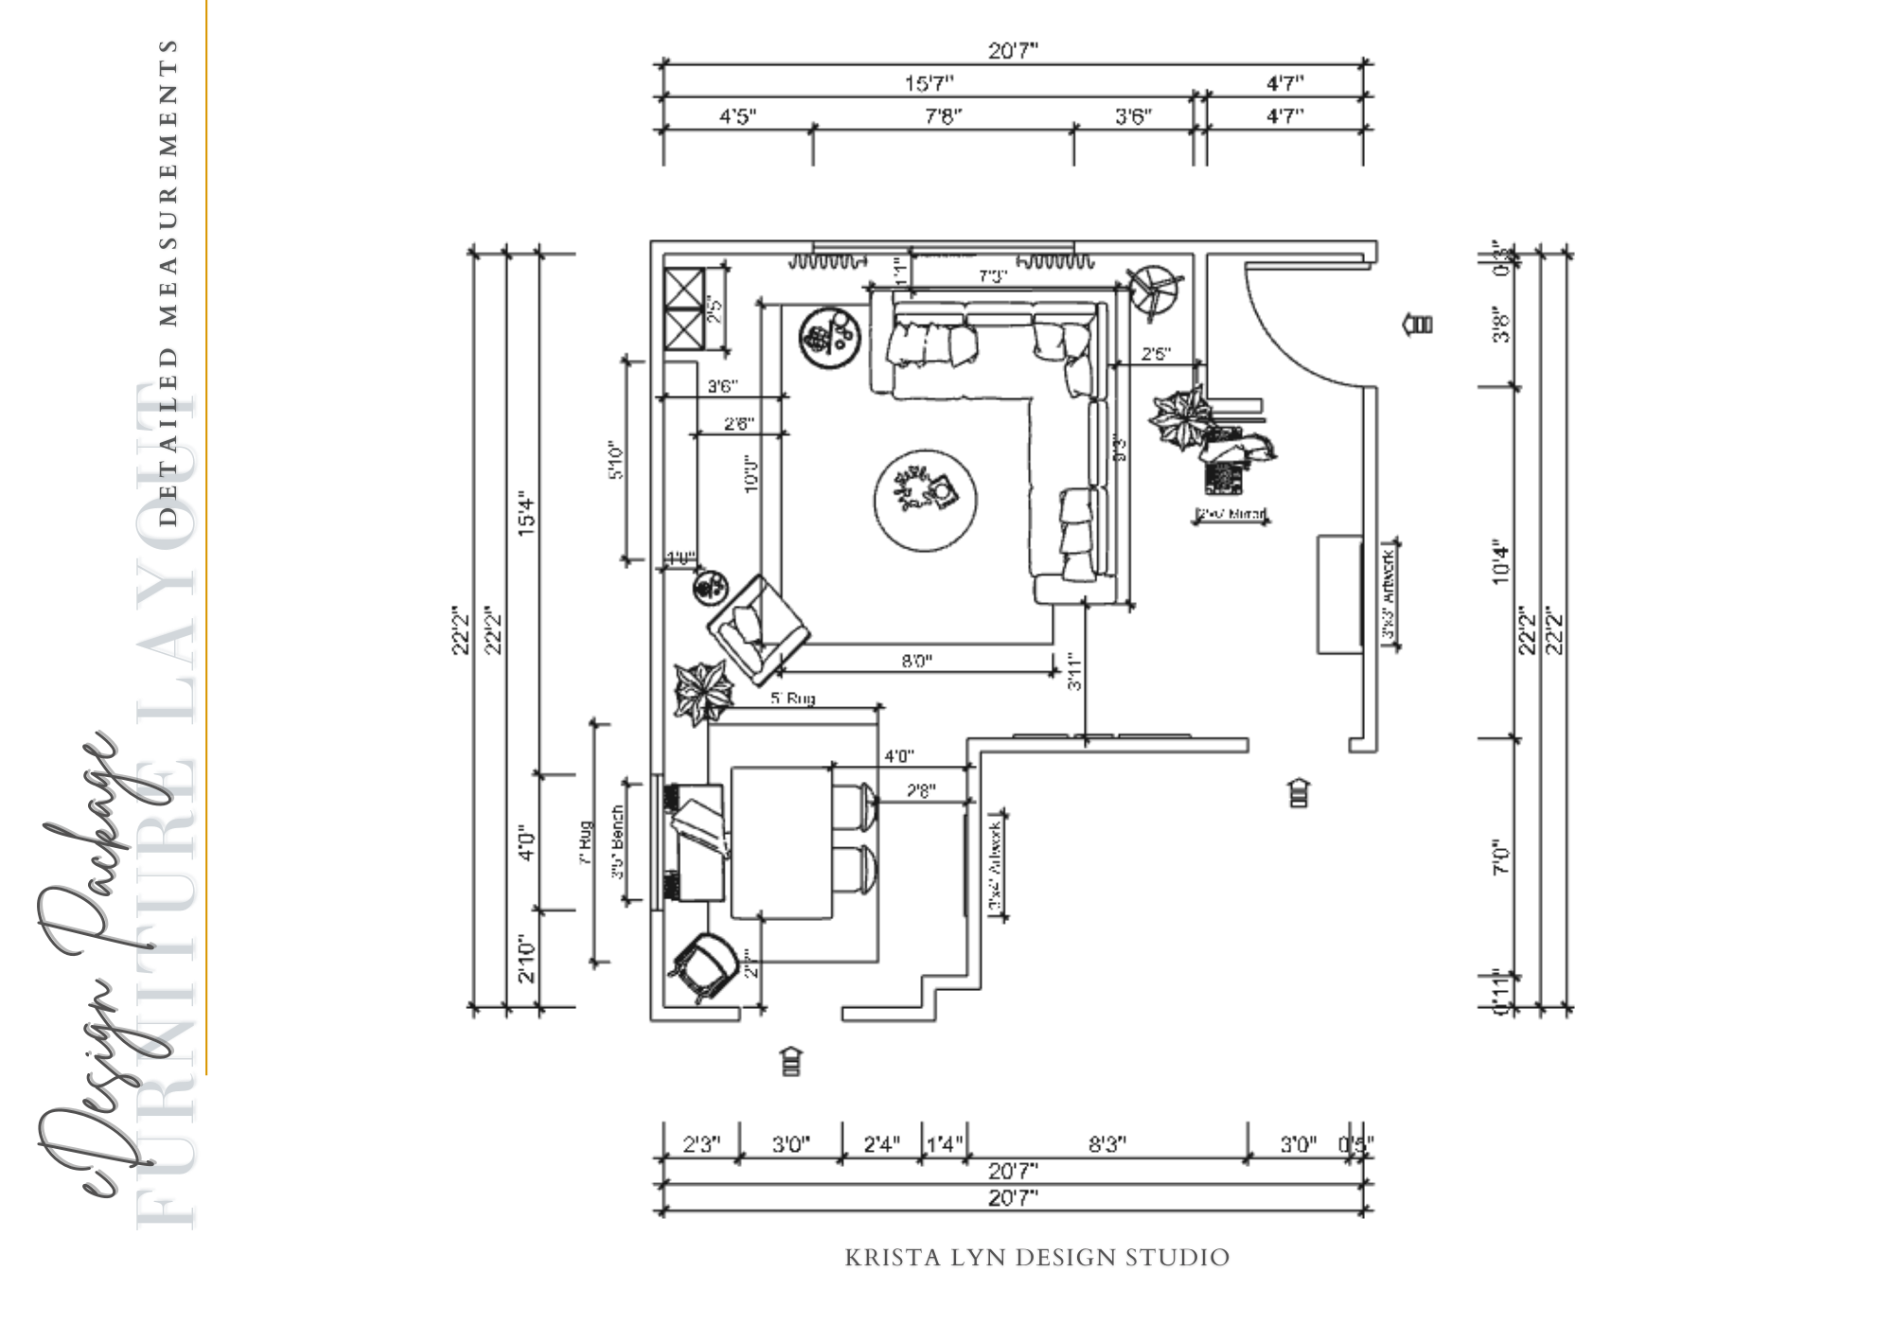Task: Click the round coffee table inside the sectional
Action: (x=925, y=499)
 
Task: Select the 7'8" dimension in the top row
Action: (x=943, y=116)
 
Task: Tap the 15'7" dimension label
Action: (x=929, y=84)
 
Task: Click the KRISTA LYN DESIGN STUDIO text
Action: (x=1036, y=1258)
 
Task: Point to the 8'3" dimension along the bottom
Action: (x=1106, y=1144)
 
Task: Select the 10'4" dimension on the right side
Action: (x=1501, y=561)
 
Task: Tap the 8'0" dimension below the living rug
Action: (x=916, y=661)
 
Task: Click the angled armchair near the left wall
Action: (x=757, y=628)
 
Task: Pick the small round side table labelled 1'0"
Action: (x=709, y=589)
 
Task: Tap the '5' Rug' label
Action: (x=792, y=698)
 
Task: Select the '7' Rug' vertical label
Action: (x=586, y=842)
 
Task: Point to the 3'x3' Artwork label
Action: (x=1389, y=596)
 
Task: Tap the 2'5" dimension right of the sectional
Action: (x=1156, y=354)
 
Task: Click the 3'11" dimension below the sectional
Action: (x=1075, y=670)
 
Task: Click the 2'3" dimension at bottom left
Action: (x=701, y=1144)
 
